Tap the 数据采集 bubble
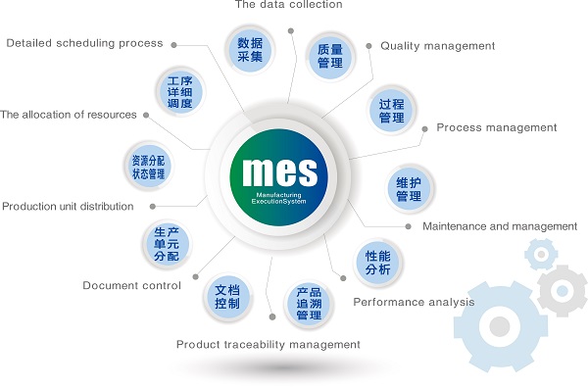(x=249, y=50)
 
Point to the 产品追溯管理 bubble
(x=309, y=305)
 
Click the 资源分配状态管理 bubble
(x=148, y=167)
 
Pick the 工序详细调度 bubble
(x=179, y=91)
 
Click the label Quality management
(x=437, y=46)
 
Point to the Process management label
(x=496, y=127)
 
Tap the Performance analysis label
(x=414, y=302)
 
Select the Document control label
(x=131, y=286)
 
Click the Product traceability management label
(x=269, y=344)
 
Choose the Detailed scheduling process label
(x=84, y=43)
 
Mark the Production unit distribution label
(x=68, y=207)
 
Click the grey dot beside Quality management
(x=367, y=45)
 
